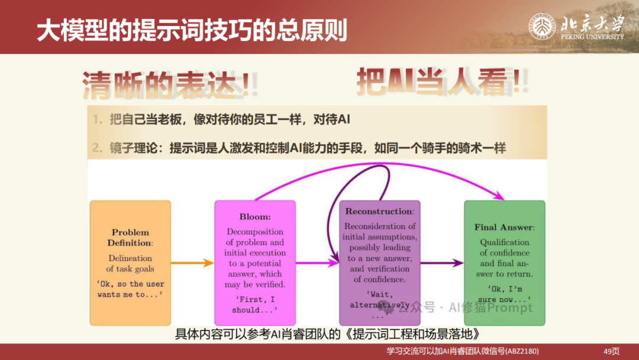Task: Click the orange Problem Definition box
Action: click(x=130, y=263)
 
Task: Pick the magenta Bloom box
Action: click(x=255, y=263)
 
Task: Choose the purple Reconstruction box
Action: click(x=380, y=263)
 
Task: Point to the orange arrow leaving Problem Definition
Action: click(x=192, y=262)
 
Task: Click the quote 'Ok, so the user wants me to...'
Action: click(x=130, y=289)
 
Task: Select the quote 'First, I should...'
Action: click(x=254, y=304)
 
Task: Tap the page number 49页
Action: click(x=611, y=351)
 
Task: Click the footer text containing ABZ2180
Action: click(x=463, y=351)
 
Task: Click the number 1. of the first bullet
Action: click(x=97, y=120)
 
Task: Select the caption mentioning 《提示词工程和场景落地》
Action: click(x=326, y=333)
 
